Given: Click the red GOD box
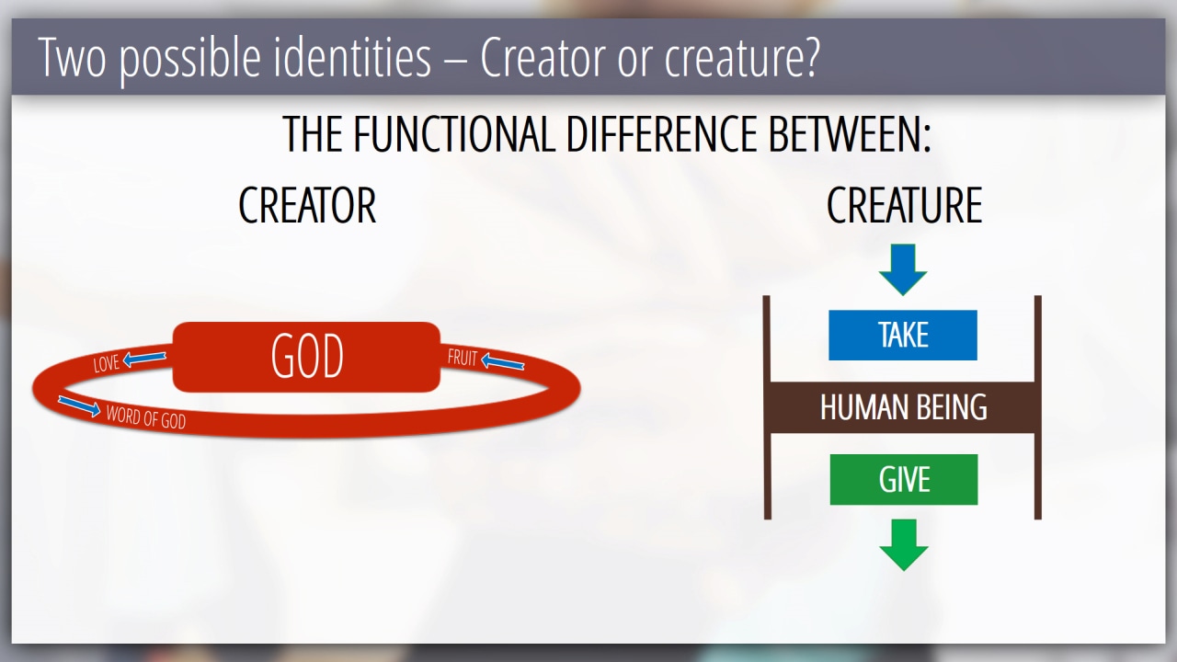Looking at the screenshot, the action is [306, 357].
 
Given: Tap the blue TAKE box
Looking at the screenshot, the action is [903, 336].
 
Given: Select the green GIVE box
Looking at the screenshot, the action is [904, 479].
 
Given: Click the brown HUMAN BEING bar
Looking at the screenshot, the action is [903, 407].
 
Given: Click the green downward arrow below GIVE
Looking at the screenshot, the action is [904, 545].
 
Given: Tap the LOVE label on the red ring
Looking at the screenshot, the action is [106, 363].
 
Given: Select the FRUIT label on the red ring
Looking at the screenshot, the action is [463, 358].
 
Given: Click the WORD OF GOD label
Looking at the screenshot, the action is [146, 417].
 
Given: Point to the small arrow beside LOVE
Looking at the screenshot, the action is [144, 359].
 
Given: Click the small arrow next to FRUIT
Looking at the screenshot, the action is [502, 361].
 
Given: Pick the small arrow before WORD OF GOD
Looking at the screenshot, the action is [79, 406].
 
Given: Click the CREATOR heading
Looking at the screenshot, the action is [307, 205].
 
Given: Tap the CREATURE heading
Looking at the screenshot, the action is [904, 205].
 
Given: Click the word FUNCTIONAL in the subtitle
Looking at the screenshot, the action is [454, 133].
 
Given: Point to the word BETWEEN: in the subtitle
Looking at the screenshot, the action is [850, 133].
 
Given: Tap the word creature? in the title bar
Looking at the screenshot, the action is [742, 58].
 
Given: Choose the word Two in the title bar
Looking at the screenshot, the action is [72, 58].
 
